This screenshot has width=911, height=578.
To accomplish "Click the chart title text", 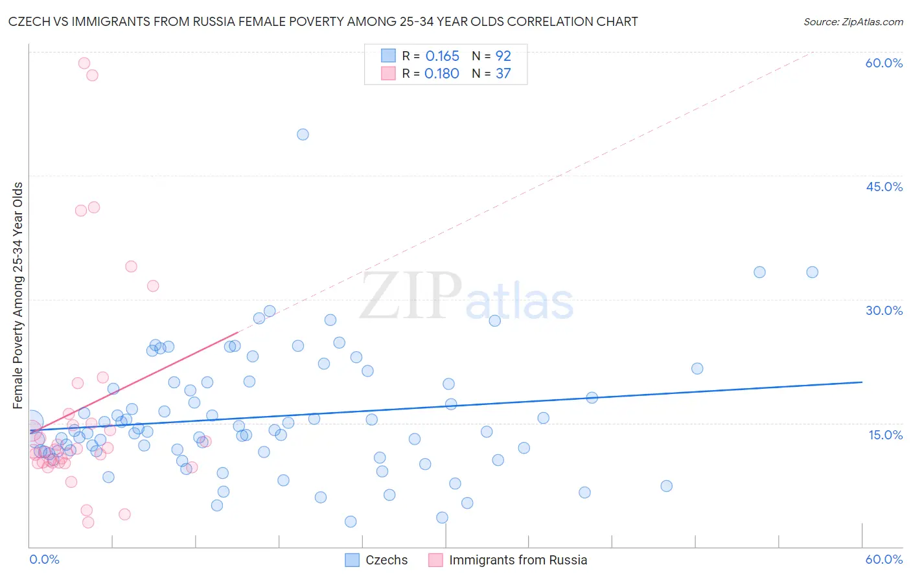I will (x=323, y=21).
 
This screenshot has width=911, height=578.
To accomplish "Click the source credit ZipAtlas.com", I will (x=853, y=21).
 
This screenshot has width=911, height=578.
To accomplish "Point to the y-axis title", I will (x=17, y=295).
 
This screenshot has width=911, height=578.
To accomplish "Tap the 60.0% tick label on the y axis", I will (x=884, y=63).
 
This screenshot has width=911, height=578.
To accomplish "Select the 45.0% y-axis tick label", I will (x=884, y=187).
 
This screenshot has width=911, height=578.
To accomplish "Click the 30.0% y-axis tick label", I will (x=884, y=310).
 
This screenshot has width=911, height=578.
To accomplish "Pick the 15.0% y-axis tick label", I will (x=885, y=434).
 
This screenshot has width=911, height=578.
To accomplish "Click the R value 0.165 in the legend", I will (x=442, y=56).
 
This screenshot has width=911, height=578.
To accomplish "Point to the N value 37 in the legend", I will (x=503, y=74).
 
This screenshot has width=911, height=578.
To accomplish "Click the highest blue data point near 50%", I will (x=303, y=135).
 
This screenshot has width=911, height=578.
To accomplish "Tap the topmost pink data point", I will (x=84, y=63).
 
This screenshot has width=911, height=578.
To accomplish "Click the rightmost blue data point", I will (x=812, y=272).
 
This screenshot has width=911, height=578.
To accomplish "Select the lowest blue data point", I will (x=351, y=522).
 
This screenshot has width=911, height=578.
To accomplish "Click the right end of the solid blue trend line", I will (x=862, y=382).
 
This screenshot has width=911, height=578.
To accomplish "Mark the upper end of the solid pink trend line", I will (x=238, y=332).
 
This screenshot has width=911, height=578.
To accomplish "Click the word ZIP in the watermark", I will (x=411, y=296).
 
